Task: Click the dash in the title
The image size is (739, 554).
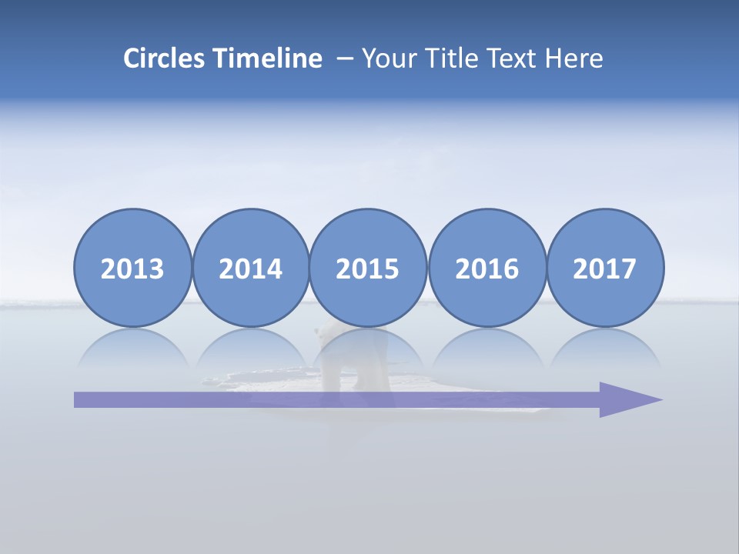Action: (x=346, y=59)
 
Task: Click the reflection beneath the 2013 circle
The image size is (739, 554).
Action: (x=132, y=347)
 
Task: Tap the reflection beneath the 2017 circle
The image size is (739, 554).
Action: (x=605, y=347)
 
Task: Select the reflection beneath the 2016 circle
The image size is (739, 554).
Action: (x=487, y=347)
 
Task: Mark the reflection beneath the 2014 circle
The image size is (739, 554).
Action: (x=250, y=347)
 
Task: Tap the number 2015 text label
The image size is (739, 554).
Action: (x=368, y=269)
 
